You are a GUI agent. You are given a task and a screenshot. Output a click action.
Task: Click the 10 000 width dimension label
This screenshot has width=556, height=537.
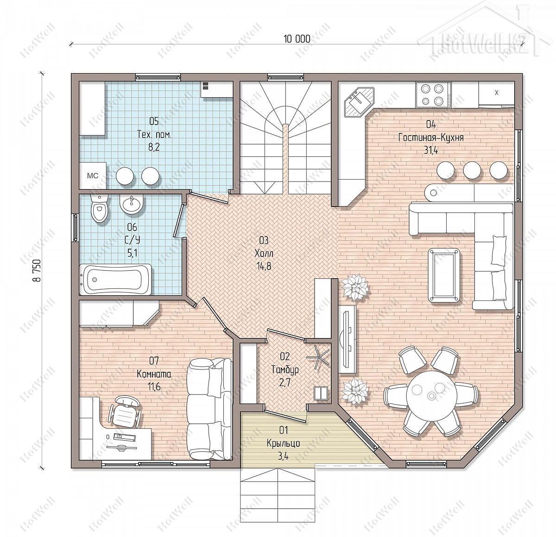coord(297,39)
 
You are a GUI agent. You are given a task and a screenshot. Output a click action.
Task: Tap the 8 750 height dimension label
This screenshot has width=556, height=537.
coord(37,271)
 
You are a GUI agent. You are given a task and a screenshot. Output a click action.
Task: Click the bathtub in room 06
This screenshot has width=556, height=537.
coord(115,280)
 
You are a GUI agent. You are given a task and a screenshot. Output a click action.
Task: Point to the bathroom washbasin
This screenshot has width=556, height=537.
coord(131,204)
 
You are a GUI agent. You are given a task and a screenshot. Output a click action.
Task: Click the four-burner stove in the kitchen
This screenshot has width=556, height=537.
coord(433,95)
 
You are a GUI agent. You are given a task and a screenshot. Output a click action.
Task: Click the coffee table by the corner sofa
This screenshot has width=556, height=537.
coord(444,275)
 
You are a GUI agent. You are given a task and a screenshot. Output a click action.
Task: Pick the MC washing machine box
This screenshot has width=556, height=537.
coord(93,175)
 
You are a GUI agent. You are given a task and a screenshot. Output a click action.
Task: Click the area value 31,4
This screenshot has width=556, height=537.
coord(430,150)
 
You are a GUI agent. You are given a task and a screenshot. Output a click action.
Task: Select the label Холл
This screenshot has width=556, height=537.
coord(264,253)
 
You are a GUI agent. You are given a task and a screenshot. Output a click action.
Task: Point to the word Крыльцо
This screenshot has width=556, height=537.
coord(283,443)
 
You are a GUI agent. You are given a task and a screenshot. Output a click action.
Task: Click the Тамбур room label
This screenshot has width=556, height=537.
coord(285,370)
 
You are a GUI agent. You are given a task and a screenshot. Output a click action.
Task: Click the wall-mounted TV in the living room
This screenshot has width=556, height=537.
coord(347,339)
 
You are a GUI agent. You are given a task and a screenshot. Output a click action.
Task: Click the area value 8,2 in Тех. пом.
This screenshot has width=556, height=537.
coord(154,147)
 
